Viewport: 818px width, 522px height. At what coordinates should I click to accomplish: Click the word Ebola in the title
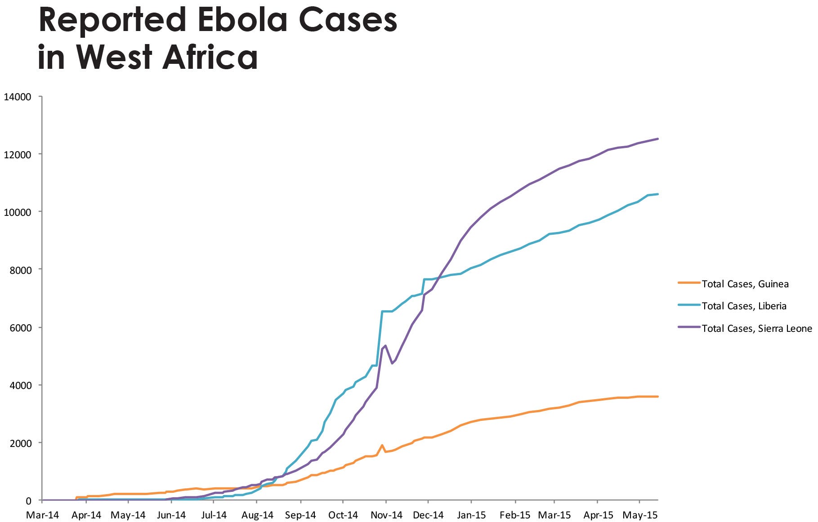pos(237,20)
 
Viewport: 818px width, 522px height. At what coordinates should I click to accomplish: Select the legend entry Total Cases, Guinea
pos(745,284)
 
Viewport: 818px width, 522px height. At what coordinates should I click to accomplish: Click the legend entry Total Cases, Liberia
pos(744,306)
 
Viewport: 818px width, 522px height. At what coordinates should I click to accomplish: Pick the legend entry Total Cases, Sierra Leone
pos(756,329)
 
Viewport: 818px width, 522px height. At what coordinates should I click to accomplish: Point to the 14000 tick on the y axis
pos(18,97)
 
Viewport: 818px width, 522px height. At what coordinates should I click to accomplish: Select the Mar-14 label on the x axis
pos(42,515)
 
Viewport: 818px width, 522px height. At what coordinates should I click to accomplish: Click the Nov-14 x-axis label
pos(386,515)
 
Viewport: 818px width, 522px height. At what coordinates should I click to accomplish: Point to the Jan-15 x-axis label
pos(471,515)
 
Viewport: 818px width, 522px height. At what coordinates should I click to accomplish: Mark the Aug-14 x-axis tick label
pos(257,515)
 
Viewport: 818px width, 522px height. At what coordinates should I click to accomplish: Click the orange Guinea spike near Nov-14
pos(382,445)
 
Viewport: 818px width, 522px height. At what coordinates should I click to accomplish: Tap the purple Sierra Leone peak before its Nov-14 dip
pos(385,345)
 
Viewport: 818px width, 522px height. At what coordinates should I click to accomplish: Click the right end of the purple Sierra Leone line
pos(657,139)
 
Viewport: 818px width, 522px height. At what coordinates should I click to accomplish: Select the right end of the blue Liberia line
pos(657,194)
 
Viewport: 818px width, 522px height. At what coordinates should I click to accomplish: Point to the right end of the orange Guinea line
pos(657,397)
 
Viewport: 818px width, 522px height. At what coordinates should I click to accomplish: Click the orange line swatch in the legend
pos(688,283)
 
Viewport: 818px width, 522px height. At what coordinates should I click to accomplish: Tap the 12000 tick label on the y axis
pos(18,154)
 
